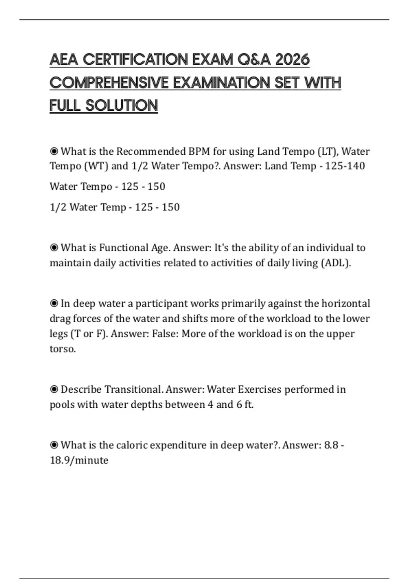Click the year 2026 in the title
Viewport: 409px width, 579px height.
pos(292,60)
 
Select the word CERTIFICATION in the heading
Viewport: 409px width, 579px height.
pos(135,60)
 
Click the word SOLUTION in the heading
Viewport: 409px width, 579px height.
pos(122,106)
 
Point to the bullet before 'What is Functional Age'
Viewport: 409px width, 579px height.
pos(54,248)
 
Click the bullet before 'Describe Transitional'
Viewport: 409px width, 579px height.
pos(54,389)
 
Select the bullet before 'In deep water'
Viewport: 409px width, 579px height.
pos(54,303)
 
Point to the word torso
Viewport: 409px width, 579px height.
pos(62,349)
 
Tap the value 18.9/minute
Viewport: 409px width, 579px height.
pos(79,460)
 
